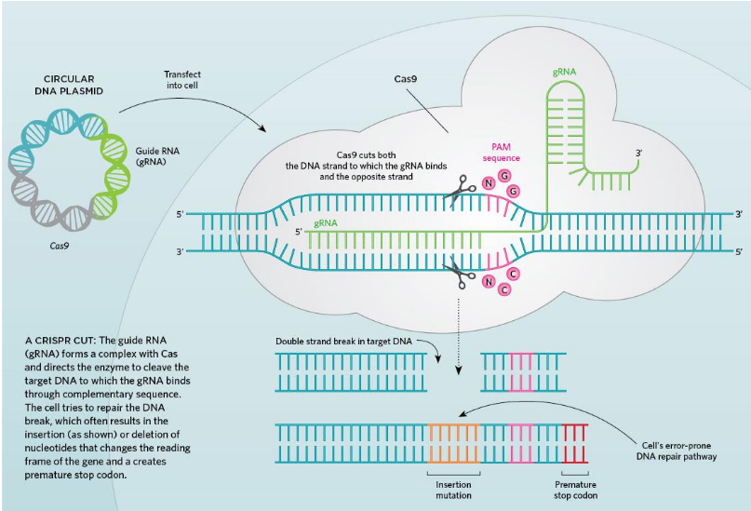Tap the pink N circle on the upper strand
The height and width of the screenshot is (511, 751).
(x=489, y=182)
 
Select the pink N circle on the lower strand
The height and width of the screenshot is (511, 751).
(x=488, y=280)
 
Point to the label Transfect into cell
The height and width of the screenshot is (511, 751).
(x=182, y=80)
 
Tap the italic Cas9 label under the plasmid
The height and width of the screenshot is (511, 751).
(x=60, y=248)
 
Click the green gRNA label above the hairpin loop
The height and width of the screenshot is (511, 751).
(x=564, y=72)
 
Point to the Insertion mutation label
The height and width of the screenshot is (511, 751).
(x=454, y=490)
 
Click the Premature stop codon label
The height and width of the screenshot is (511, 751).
(x=576, y=490)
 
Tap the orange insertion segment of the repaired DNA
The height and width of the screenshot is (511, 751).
(x=453, y=443)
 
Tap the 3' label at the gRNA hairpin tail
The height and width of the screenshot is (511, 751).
(x=639, y=153)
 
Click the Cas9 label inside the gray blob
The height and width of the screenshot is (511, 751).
(x=405, y=80)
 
